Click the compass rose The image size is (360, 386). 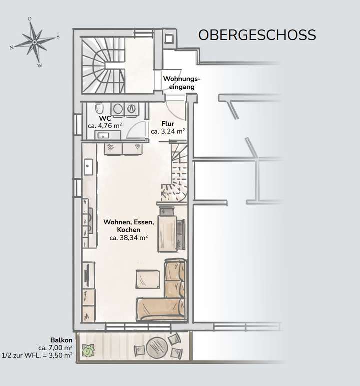(34, 42)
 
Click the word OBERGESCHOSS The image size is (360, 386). (257, 35)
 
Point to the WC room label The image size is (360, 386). (105, 119)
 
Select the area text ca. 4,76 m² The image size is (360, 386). (105, 126)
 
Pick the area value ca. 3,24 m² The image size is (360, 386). (168, 131)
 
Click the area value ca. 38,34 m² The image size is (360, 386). (128, 238)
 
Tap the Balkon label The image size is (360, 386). (61, 340)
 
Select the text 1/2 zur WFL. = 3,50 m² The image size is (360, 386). (38, 354)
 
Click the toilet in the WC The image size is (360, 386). (99, 108)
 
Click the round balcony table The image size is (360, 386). (157, 345)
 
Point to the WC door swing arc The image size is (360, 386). (135, 129)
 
